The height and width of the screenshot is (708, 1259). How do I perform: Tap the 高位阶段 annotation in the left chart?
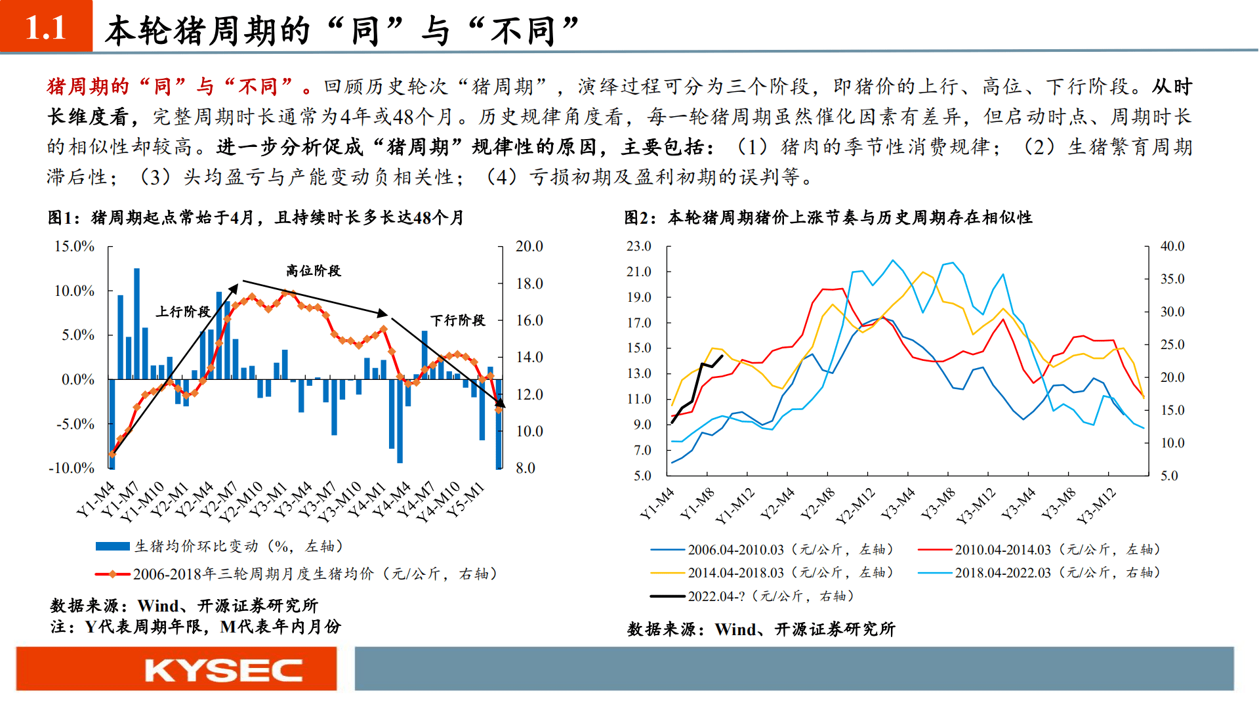[313, 270]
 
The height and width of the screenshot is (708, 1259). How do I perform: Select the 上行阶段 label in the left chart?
[182, 311]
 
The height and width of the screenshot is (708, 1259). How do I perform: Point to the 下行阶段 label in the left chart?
[457, 320]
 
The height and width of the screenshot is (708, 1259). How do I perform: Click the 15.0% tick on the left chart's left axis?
[74, 246]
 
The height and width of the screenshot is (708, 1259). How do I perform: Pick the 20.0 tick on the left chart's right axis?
[529, 246]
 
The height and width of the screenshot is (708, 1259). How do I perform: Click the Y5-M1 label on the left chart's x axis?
[466, 499]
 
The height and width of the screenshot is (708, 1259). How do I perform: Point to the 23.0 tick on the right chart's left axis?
[638, 246]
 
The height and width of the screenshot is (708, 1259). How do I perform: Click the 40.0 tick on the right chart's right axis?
[1172, 246]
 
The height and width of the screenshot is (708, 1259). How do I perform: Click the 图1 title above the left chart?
[256, 217]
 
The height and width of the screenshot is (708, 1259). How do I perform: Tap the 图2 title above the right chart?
[828, 217]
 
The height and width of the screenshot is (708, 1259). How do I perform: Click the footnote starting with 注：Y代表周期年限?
[196, 627]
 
